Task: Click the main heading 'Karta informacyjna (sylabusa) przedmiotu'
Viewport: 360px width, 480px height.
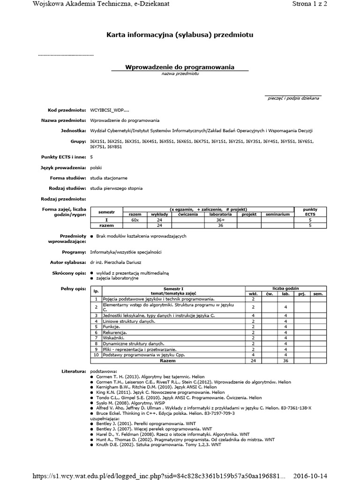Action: click(x=180, y=35)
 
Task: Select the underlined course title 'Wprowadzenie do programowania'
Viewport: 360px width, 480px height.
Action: click(x=180, y=67)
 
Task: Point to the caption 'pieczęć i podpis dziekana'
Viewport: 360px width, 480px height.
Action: click(x=293, y=98)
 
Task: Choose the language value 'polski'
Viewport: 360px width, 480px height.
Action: click(x=96, y=167)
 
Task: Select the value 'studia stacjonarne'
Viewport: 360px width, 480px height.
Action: click(x=109, y=178)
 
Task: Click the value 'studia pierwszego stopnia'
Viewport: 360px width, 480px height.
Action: click(x=116, y=188)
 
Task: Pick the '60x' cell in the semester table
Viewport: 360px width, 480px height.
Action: click(x=135, y=220)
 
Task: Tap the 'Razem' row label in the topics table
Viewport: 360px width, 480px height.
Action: click(x=167, y=361)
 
